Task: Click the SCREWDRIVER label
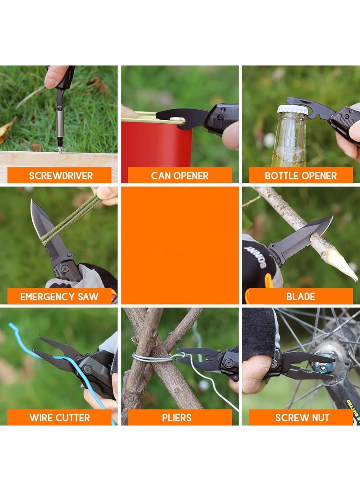click(61, 176)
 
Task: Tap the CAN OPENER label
click(180, 176)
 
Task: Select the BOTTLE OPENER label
click(301, 176)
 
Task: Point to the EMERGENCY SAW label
click(59, 297)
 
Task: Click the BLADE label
click(301, 297)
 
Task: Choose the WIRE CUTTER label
click(59, 417)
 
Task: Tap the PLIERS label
click(176, 417)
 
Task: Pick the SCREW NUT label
click(302, 417)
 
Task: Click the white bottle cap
click(292, 110)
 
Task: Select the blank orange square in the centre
click(180, 245)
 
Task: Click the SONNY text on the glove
click(256, 257)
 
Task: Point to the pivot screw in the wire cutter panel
click(88, 369)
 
